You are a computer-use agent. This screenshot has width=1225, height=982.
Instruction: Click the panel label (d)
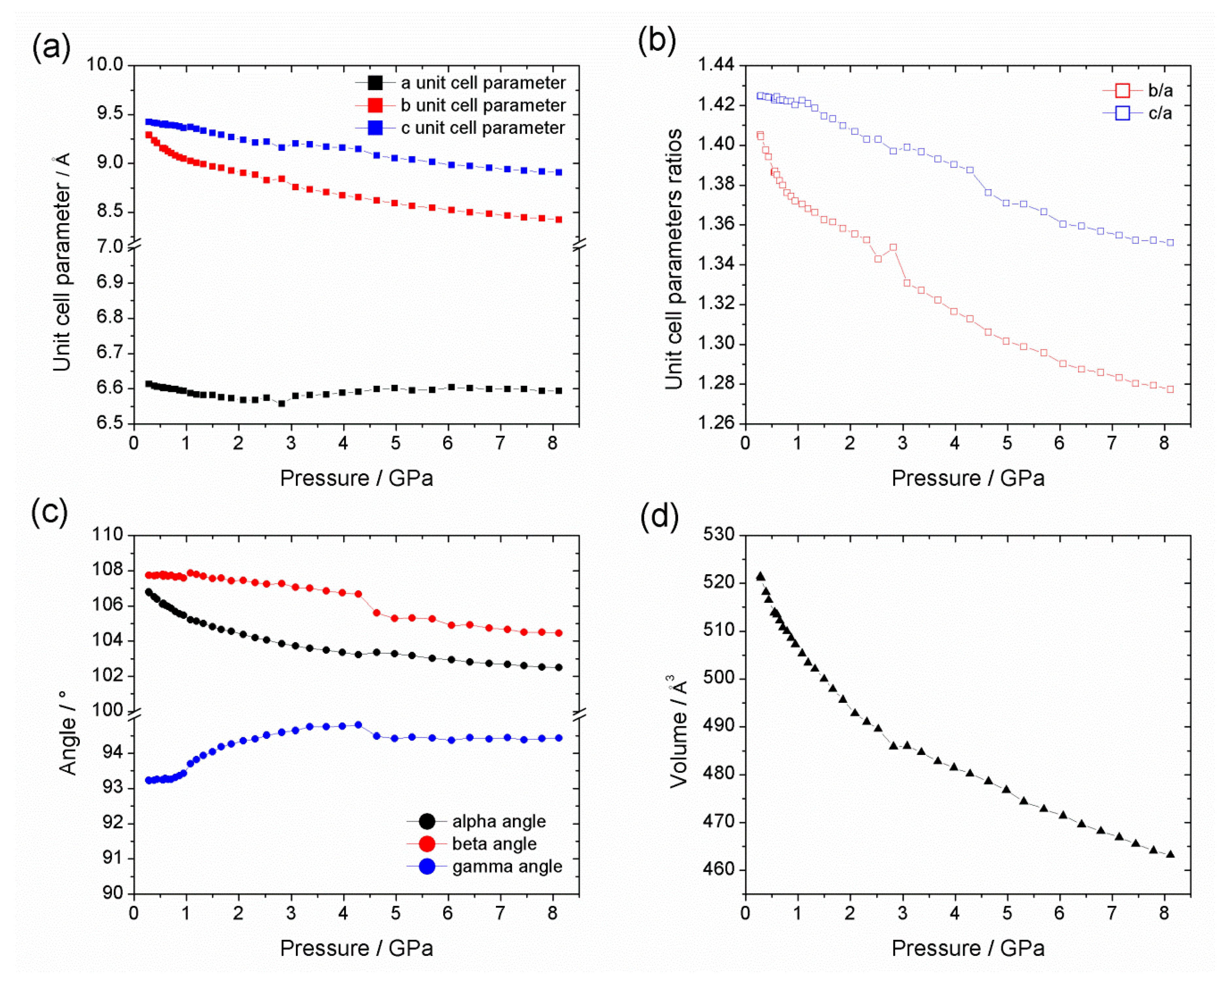click(x=659, y=517)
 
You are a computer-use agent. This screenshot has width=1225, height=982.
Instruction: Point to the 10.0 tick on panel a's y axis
click(x=105, y=64)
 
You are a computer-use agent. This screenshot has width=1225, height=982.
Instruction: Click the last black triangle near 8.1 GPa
click(x=1170, y=854)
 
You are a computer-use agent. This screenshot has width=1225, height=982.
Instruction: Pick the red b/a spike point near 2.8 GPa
click(x=893, y=247)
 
